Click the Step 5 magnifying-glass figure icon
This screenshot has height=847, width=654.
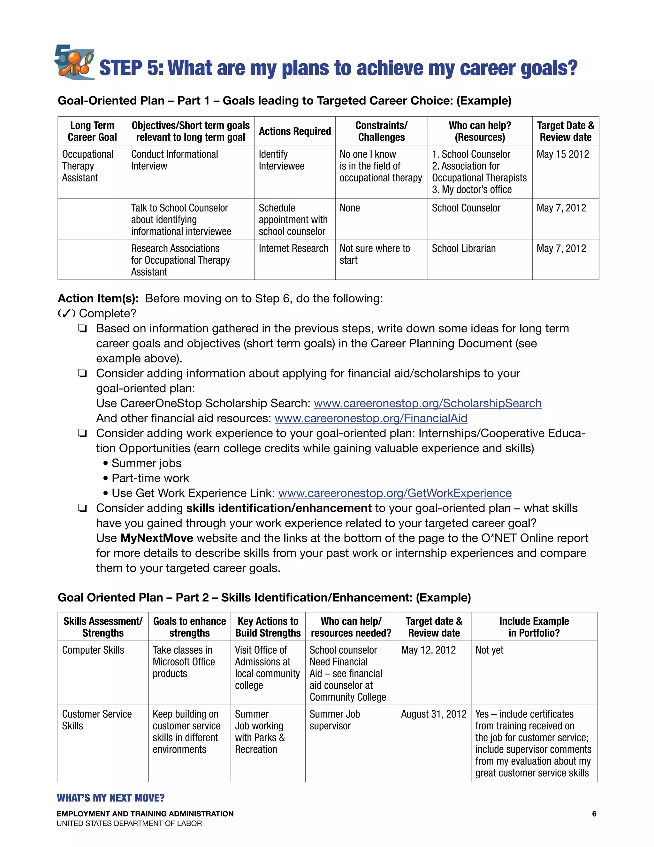[x=75, y=62]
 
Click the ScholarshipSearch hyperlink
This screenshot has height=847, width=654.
[x=427, y=403]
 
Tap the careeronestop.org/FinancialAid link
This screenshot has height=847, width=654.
[x=371, y=418]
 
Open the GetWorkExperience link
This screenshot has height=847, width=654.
[x=395, y=493]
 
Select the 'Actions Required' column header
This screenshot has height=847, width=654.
[x=294, y=131]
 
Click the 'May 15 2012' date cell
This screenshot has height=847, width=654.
[x=563, y=154]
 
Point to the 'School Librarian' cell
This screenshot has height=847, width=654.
[x=464, y=249]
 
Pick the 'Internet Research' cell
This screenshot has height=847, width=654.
[x=293, y=249]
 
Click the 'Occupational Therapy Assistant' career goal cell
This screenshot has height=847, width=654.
[x=87, y=166]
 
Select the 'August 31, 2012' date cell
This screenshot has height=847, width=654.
[x=434, y=714]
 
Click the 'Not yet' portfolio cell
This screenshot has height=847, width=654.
[x=489, y=650]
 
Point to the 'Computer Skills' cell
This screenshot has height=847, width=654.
[x=93, y=650]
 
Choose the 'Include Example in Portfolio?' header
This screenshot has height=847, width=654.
[x=534, y=627]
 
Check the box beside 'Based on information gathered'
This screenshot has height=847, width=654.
[x=82, y=329]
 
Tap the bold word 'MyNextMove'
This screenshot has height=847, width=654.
[x=156, y=538]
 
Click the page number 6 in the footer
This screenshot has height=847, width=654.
[x=594, y=814]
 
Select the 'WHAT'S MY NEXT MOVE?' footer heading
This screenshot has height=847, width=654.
[x=110, y=798]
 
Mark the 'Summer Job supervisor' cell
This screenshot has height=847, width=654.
[x=334, y=720]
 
